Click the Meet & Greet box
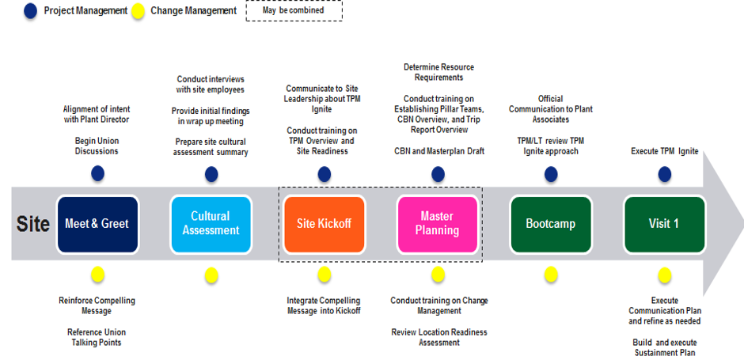pos(97,224)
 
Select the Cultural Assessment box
pos(211,224)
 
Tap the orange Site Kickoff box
pos(324,224)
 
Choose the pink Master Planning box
pos(438,224)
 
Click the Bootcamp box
pos(551,224)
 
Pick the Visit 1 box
pos(664,224)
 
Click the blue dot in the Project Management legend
pos(30,11)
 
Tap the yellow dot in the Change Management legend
pos(138,11)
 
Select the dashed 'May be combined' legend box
pos(294,10)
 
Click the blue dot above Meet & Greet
pos(97,174)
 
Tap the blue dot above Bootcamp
pos(551,174)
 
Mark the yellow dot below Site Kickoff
pos(324,274)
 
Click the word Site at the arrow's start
pos(33,224)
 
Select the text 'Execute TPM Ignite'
pos(664,151)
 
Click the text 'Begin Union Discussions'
pos(97,146)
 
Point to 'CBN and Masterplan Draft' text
pos(439,151)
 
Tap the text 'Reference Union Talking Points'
pos(97,337)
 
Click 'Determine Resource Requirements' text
pos(439,72)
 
